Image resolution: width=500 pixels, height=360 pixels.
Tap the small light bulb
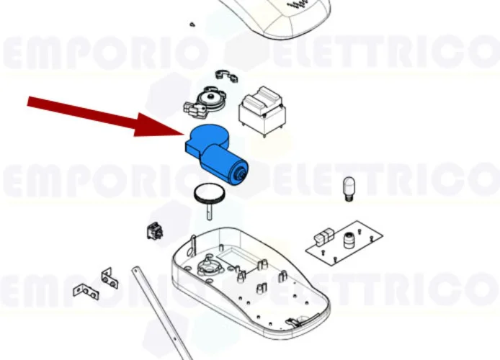(350, 188)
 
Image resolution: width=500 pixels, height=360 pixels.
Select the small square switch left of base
(153, 231)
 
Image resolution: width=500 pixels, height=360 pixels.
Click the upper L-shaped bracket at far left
(109, 276)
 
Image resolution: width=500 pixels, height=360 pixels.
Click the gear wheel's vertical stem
(209, 210)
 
